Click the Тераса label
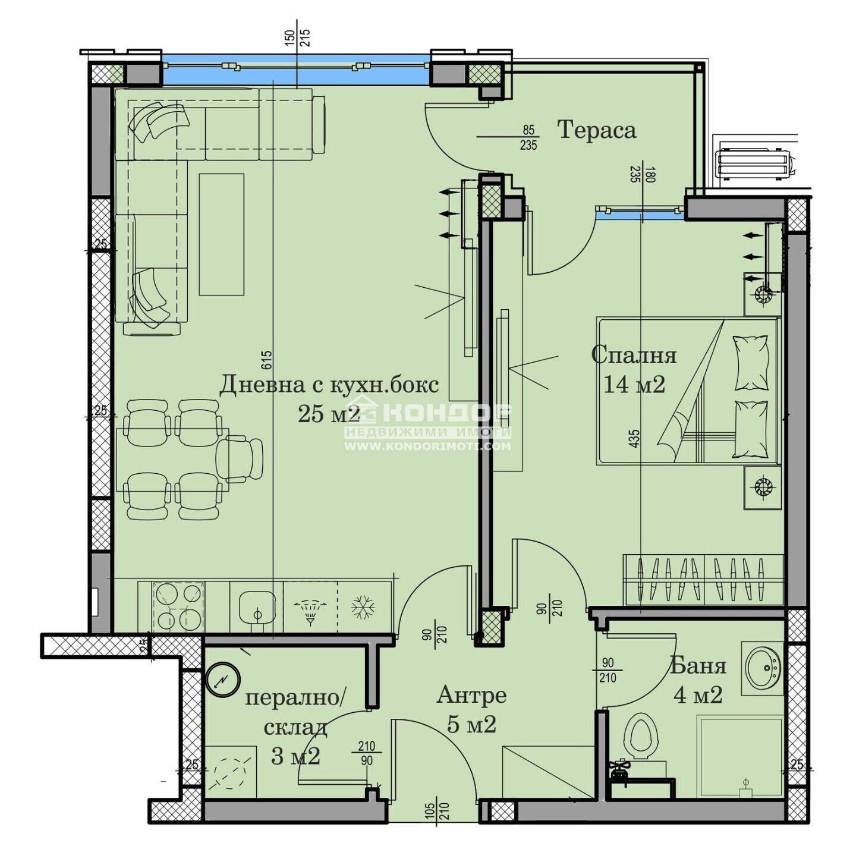tap(597, 130)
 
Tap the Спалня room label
tap(634, 355)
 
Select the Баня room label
tap(698, 666)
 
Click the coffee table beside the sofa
tap(222, 234)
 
